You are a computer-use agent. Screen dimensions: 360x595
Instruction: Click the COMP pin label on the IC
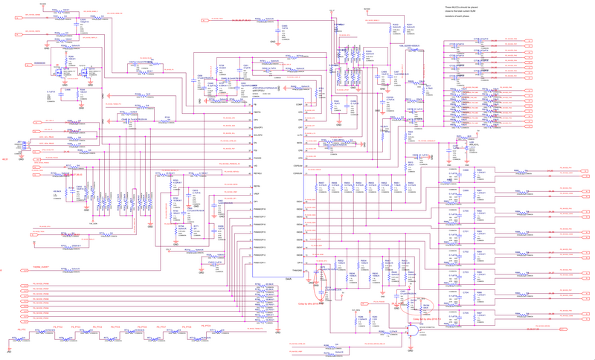[299, 105]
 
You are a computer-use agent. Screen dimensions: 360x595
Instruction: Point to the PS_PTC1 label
[22, 327]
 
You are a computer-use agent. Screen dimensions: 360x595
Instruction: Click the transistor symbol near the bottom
[411, 334]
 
